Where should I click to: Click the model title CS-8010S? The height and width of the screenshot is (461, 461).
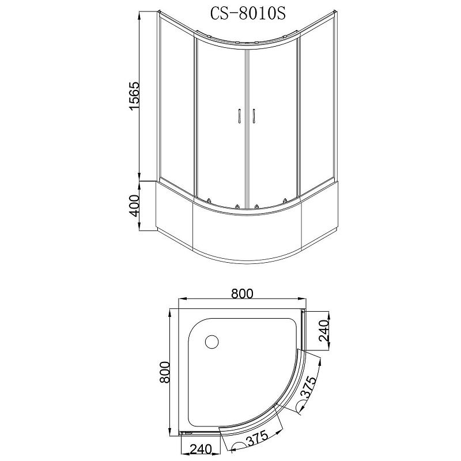pos(248,13)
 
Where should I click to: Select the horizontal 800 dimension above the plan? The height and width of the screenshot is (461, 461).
pos(242,293)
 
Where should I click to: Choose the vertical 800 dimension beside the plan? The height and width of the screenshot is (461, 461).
pos(165,372)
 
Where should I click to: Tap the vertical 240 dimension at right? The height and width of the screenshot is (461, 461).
pos(323,331)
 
